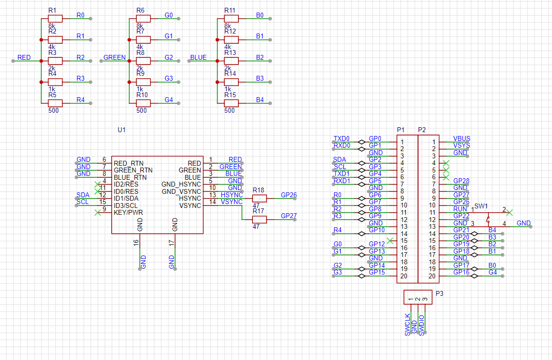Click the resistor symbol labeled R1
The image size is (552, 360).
55,18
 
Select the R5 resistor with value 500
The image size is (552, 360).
55,103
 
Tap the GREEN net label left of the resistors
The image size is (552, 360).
115,57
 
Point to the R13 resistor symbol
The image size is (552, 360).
231,61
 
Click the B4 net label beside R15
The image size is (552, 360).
260,100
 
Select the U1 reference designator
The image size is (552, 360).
122,130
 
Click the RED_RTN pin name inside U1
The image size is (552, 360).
129,163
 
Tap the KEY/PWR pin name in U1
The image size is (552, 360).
128,212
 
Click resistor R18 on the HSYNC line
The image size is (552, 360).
259,198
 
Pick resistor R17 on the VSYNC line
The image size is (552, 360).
259,220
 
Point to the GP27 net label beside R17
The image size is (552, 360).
289,216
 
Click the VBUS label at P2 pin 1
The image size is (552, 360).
461,138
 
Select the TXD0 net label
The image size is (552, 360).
341,138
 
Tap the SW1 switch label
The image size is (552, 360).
481,206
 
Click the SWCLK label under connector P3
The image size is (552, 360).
408,325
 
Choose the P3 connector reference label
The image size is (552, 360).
439,293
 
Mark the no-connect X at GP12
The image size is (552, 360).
389,241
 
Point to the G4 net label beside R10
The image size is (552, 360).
168,100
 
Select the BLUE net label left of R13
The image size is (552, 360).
198,57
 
